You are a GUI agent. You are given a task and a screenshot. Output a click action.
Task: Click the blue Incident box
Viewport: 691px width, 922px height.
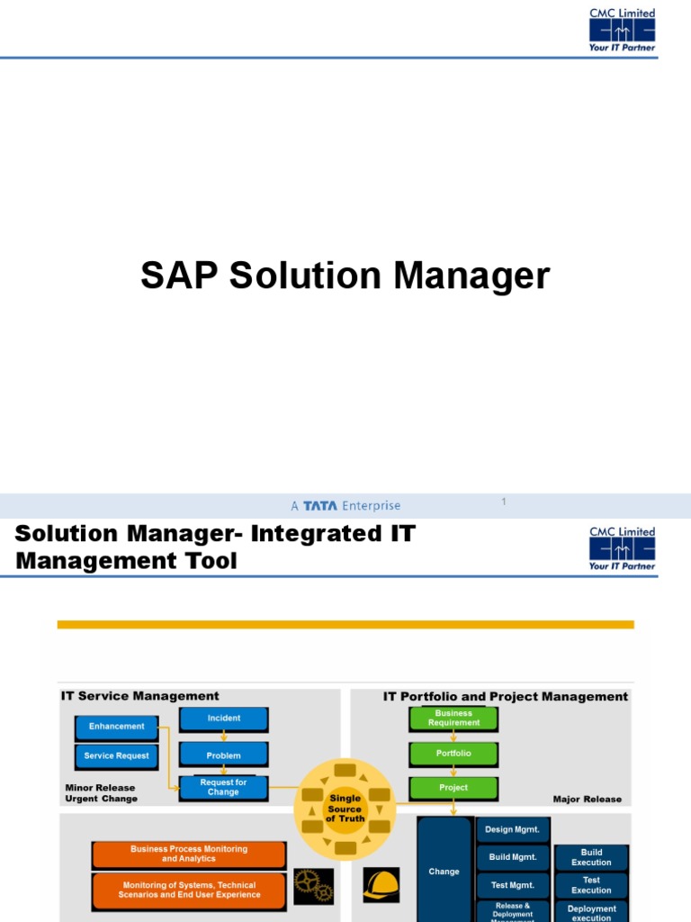223,719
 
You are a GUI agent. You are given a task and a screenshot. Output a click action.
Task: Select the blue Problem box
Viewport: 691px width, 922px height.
223,755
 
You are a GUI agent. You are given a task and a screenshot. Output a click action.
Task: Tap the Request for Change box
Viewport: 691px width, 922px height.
223,788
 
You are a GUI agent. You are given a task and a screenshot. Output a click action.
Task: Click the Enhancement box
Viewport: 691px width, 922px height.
116,727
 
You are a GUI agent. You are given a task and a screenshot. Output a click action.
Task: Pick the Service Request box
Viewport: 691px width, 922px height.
116,755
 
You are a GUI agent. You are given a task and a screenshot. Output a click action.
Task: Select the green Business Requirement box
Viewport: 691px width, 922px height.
453,718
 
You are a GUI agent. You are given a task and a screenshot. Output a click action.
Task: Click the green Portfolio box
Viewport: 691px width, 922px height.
453,753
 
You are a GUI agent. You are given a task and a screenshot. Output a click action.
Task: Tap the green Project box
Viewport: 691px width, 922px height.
453,788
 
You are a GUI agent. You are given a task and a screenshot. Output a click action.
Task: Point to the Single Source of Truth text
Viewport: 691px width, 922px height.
345,809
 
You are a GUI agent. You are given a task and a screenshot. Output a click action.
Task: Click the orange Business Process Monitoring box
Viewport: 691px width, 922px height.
189,854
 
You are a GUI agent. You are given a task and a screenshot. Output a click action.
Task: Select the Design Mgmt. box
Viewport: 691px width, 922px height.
512,829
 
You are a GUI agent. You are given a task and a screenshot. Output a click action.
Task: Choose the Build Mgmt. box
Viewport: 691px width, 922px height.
512,857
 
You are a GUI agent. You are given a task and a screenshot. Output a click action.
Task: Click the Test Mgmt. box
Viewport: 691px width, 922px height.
512,885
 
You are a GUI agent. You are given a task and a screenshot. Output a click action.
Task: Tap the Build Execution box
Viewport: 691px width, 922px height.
591,857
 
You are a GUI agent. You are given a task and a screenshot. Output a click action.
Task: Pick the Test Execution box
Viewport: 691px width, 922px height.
591,885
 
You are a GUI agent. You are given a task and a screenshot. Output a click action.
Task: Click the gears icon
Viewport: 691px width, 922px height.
314,886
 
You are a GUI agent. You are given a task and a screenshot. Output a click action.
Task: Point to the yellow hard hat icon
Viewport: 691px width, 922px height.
381,886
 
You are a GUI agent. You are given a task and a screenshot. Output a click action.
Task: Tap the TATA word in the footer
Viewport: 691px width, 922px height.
320,506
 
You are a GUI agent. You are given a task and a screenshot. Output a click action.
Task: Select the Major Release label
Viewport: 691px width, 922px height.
587,799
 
